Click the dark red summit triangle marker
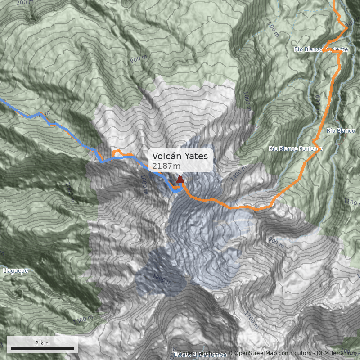pos(180,180)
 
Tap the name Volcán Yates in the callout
pos(180,156)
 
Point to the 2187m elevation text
pos(166,166)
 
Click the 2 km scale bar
pos(42,348)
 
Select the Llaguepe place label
pos(16,271)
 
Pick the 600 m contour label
pos(317,104)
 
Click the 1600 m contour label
pos(144,185)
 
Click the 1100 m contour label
pos(351,202)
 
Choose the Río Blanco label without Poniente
pos(341,131)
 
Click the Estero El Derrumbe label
pos(200,355)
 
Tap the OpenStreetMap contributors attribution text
pos(270,353)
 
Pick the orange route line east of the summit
pos(243,208)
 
